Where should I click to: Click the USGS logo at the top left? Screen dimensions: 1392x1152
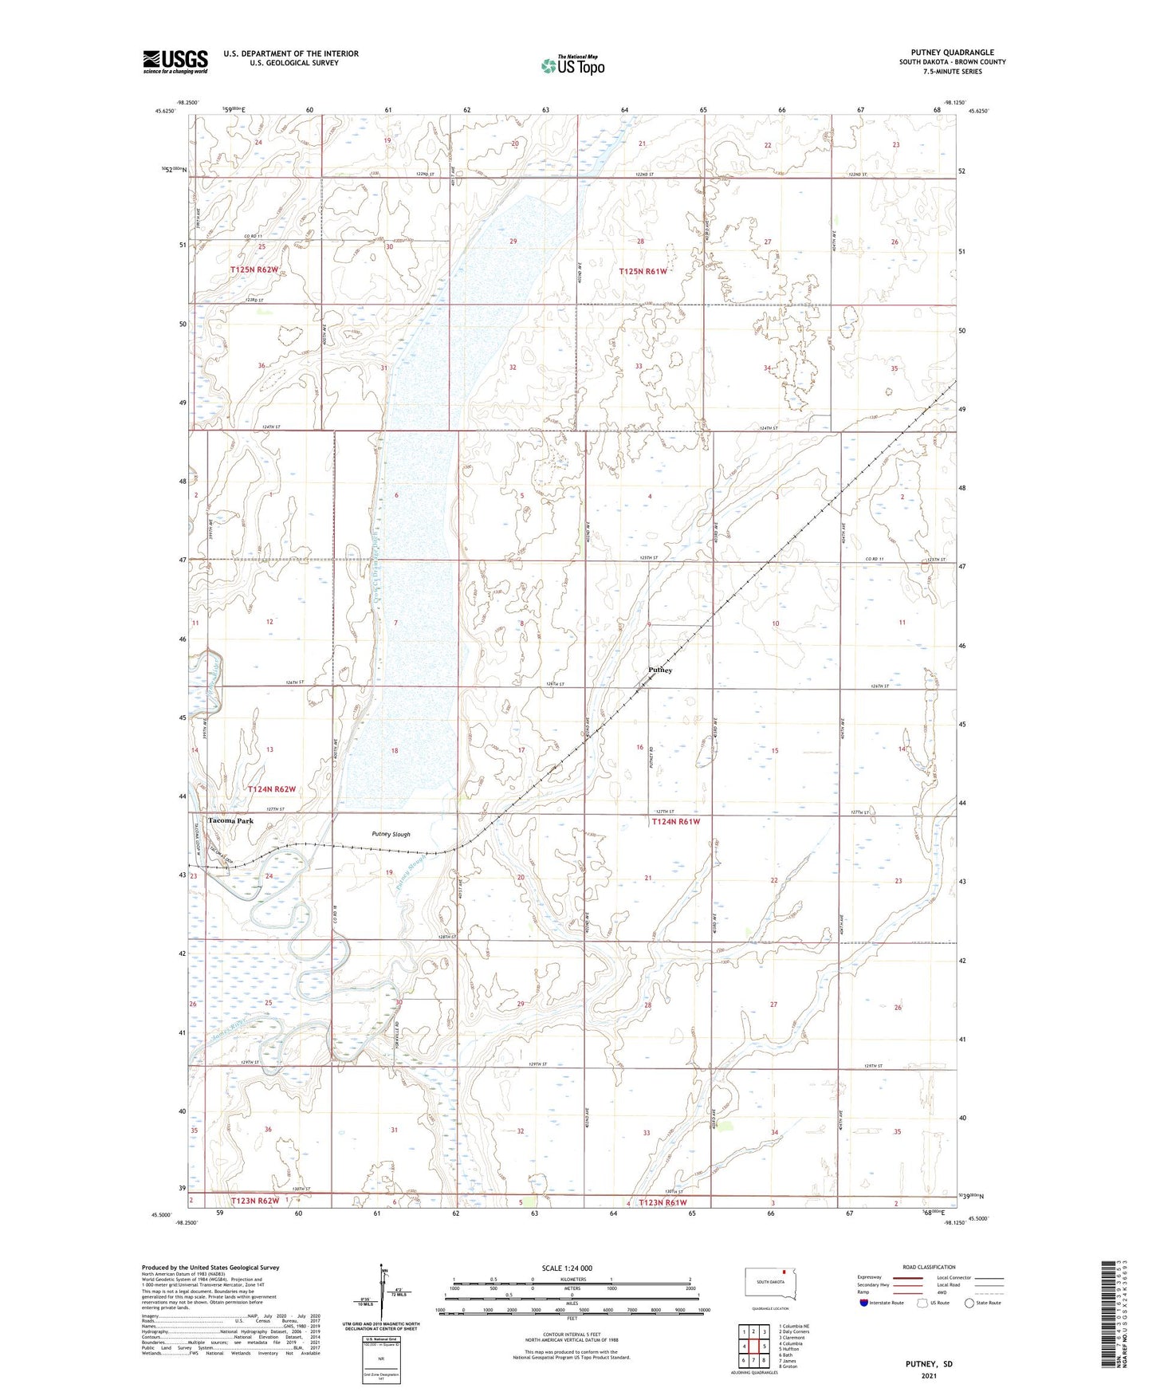(175, 61)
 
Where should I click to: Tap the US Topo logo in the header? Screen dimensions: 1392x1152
(572, 65)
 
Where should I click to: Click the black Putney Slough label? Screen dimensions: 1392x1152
(391, 834)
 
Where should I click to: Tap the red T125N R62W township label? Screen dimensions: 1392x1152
(254, 269)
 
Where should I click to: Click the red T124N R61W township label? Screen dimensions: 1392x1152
(675, 821)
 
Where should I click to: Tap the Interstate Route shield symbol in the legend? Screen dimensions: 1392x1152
(864, 1303)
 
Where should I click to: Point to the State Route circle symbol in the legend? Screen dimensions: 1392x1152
(969, 1303)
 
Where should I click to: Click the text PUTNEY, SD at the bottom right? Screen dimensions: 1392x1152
(929, 1364)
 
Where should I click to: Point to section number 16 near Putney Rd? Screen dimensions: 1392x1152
(639, 747)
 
